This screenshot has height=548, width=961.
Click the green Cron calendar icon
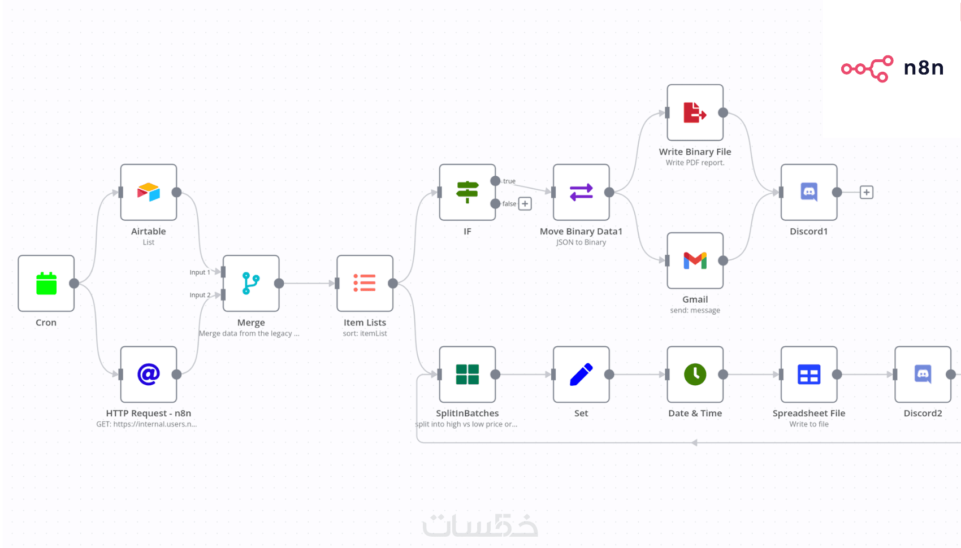coord(46,284)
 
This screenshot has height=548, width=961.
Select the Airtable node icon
coord(149,192)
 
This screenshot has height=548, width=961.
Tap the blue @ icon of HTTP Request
coord(149,374)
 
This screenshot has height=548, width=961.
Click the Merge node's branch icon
coord(251,284)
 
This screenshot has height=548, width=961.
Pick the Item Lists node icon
coord(365,283)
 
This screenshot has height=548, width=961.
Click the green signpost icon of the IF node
coord(467,192)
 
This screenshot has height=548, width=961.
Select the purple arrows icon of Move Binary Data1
coord(581,192)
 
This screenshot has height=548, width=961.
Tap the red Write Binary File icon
coord(695,112)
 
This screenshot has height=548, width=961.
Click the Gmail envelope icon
coord(695,260)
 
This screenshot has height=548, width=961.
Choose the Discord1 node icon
coord(809,192)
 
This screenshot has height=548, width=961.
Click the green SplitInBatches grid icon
coord(467,374)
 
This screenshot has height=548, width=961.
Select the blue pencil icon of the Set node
coord(581,374)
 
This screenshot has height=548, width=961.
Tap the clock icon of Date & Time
coord(695,374)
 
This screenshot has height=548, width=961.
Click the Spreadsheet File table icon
coord(809,374)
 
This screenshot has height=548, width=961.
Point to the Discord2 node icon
coord(923,374)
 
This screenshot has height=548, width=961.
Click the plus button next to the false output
coord(525,204)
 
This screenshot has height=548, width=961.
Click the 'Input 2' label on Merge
coord(200,295)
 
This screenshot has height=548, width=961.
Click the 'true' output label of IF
coord(509,181)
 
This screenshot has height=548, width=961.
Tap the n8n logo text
coord(924,68)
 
